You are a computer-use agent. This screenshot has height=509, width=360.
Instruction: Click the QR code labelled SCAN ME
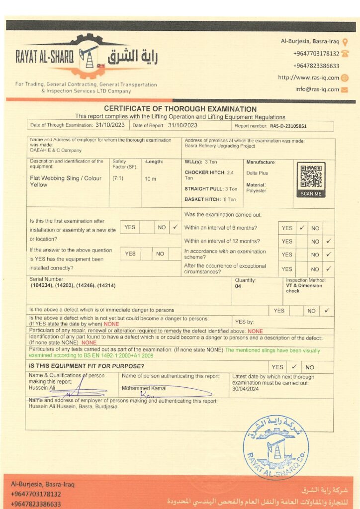point(311,176)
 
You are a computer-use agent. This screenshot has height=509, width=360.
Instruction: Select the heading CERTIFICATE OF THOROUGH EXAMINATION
point(180,109)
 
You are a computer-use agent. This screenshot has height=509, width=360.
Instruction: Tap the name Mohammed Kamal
point(144,388)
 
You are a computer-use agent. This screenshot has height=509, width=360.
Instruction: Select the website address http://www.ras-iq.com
point(308,78)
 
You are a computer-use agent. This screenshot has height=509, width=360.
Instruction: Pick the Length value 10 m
point(151,178)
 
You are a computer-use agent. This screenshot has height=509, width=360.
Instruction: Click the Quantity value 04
point(238,286)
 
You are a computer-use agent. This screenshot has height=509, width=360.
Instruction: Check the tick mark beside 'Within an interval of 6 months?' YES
point(301,228)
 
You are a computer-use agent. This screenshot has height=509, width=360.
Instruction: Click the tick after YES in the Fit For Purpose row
point(294,367)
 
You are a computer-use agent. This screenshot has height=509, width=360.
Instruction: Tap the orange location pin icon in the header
point(345,42)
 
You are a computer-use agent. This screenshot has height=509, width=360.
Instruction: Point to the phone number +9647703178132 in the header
point(316,54)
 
